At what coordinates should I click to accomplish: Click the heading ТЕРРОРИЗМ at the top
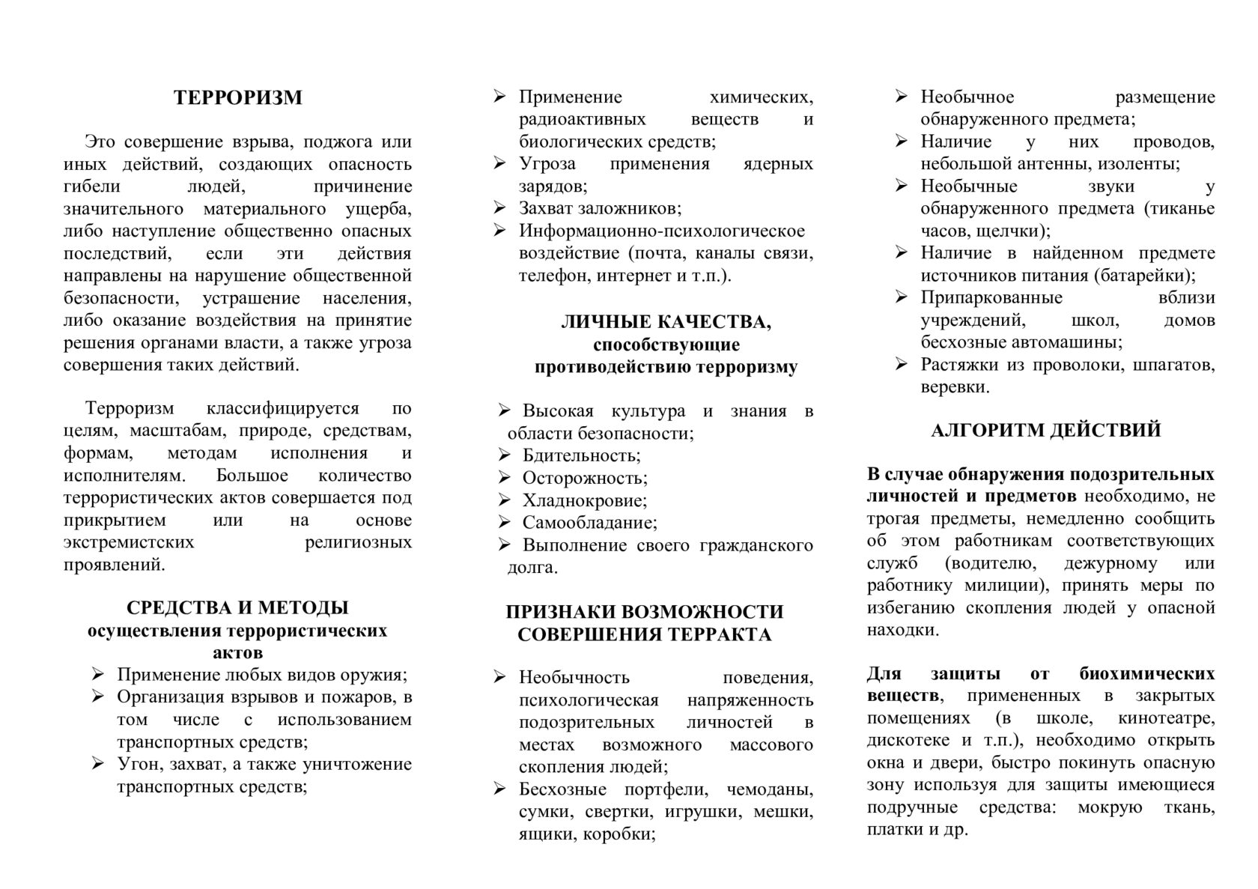point(238,97)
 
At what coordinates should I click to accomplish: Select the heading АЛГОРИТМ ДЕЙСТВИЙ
point(1045,431)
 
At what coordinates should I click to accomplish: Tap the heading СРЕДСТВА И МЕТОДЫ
point(237,607)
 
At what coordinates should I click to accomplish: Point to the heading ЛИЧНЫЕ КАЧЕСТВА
point(666,323)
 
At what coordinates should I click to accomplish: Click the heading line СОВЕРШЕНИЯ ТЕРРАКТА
point(644,635)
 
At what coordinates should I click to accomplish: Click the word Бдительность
point(581,455)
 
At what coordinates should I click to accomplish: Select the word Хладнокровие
point(584,500)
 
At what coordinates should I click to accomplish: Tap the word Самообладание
point(589,523)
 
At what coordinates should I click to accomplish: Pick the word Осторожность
point(585,478)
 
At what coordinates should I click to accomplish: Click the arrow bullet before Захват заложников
point(500,207)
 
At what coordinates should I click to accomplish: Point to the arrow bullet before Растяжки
point(902,365)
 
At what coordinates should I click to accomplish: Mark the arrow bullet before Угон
point(98,764)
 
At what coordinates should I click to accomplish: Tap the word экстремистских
point(129,542)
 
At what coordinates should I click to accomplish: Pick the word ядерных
point(778,163)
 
